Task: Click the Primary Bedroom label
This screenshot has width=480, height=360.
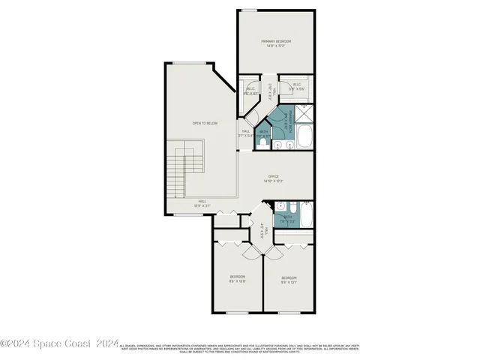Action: coord(276,43)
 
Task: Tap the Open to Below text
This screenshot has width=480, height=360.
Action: coord(205,123)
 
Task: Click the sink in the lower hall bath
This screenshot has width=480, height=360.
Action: coord(279,206)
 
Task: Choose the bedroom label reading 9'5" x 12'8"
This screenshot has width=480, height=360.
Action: coord(238,279)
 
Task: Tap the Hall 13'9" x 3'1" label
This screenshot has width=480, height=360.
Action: coord(202,203)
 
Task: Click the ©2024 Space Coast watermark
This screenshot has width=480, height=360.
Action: coord(60,343)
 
